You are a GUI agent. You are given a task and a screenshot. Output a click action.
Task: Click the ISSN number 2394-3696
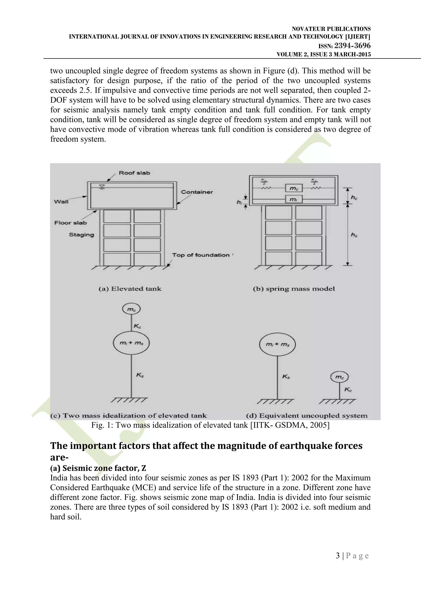coord(352,46)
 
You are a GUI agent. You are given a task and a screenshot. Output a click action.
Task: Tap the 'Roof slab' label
coord(134,173)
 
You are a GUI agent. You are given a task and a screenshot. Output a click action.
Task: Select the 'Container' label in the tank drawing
coord(197,192)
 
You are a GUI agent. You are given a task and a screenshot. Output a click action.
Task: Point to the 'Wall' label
coord(61,202)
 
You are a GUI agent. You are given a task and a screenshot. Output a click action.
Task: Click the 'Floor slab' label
coord(71,223)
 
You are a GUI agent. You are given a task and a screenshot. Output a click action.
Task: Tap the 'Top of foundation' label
coord(201,255)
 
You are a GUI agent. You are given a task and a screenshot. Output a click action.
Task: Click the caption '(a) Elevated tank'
coord(130,289)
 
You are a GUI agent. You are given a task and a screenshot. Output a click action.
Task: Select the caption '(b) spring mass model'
coord(294,289)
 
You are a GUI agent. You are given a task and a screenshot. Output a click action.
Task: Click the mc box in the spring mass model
coord(294,188)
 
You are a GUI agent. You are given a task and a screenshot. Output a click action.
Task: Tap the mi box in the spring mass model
coord(294,199)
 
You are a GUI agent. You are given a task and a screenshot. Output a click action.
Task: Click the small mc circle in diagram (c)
coord(131,309)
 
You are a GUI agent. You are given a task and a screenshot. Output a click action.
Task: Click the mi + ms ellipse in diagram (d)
coord(277,344)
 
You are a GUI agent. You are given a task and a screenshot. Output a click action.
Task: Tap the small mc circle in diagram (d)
coord(339,377)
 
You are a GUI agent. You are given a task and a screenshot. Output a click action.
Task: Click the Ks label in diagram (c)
coord(140,375)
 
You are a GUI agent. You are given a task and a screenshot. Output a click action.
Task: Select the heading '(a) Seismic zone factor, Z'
coord(98,468)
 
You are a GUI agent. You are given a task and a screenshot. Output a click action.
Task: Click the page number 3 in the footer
coord(338,556)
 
